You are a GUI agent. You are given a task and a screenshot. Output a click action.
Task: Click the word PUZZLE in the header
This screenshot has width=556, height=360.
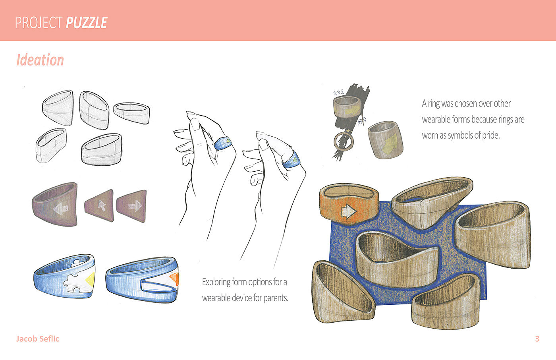87,23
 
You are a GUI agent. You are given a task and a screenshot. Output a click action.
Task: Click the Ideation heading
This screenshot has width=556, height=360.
40,60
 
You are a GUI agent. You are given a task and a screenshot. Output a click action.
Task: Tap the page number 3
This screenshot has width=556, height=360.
537,339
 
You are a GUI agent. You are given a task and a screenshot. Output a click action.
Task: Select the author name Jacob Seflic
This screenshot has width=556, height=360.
38,339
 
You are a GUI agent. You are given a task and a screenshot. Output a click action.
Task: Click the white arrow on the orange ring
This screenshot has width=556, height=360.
349,211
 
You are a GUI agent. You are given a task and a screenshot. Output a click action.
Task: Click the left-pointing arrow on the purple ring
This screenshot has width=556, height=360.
60,209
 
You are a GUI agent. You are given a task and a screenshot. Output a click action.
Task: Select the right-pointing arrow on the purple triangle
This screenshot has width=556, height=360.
135,206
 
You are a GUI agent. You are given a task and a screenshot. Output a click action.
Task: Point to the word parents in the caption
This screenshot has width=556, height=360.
276,298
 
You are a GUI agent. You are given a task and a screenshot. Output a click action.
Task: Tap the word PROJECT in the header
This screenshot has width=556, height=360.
39,23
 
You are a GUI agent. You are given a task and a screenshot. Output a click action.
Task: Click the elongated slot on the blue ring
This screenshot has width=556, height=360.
158,285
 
